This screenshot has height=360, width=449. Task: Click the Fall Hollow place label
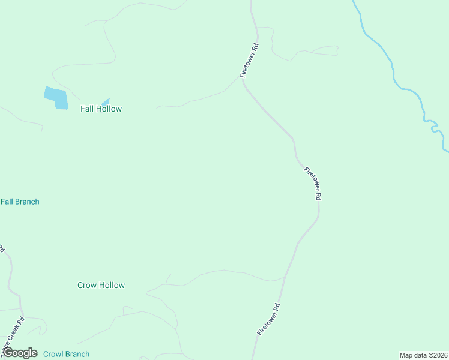tap(101, 109)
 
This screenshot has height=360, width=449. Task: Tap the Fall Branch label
tap(20, 202)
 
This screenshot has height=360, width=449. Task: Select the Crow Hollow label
tap(101, 285)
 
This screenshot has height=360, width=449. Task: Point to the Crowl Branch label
tap(66, 354)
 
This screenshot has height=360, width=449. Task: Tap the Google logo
tap(19, 353)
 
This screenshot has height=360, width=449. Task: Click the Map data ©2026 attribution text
tap(423, 355)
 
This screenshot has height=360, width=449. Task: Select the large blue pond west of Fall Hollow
tap(56, 97)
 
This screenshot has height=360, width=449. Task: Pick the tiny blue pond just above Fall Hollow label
tap(106, 101)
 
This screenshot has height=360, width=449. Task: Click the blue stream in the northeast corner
tap(393, 66)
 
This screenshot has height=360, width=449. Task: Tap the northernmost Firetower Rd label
tap(249, 61)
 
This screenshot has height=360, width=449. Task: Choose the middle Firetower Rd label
tap(313, 183)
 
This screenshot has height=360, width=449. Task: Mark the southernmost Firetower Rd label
tap(268, 319)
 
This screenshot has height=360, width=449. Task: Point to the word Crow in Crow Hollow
tap(86, 285)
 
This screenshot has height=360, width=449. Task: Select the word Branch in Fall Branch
tap(27, 202)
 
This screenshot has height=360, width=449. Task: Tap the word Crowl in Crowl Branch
tap(53, 354)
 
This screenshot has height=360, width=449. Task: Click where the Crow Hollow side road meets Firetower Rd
tap(284, 279)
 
